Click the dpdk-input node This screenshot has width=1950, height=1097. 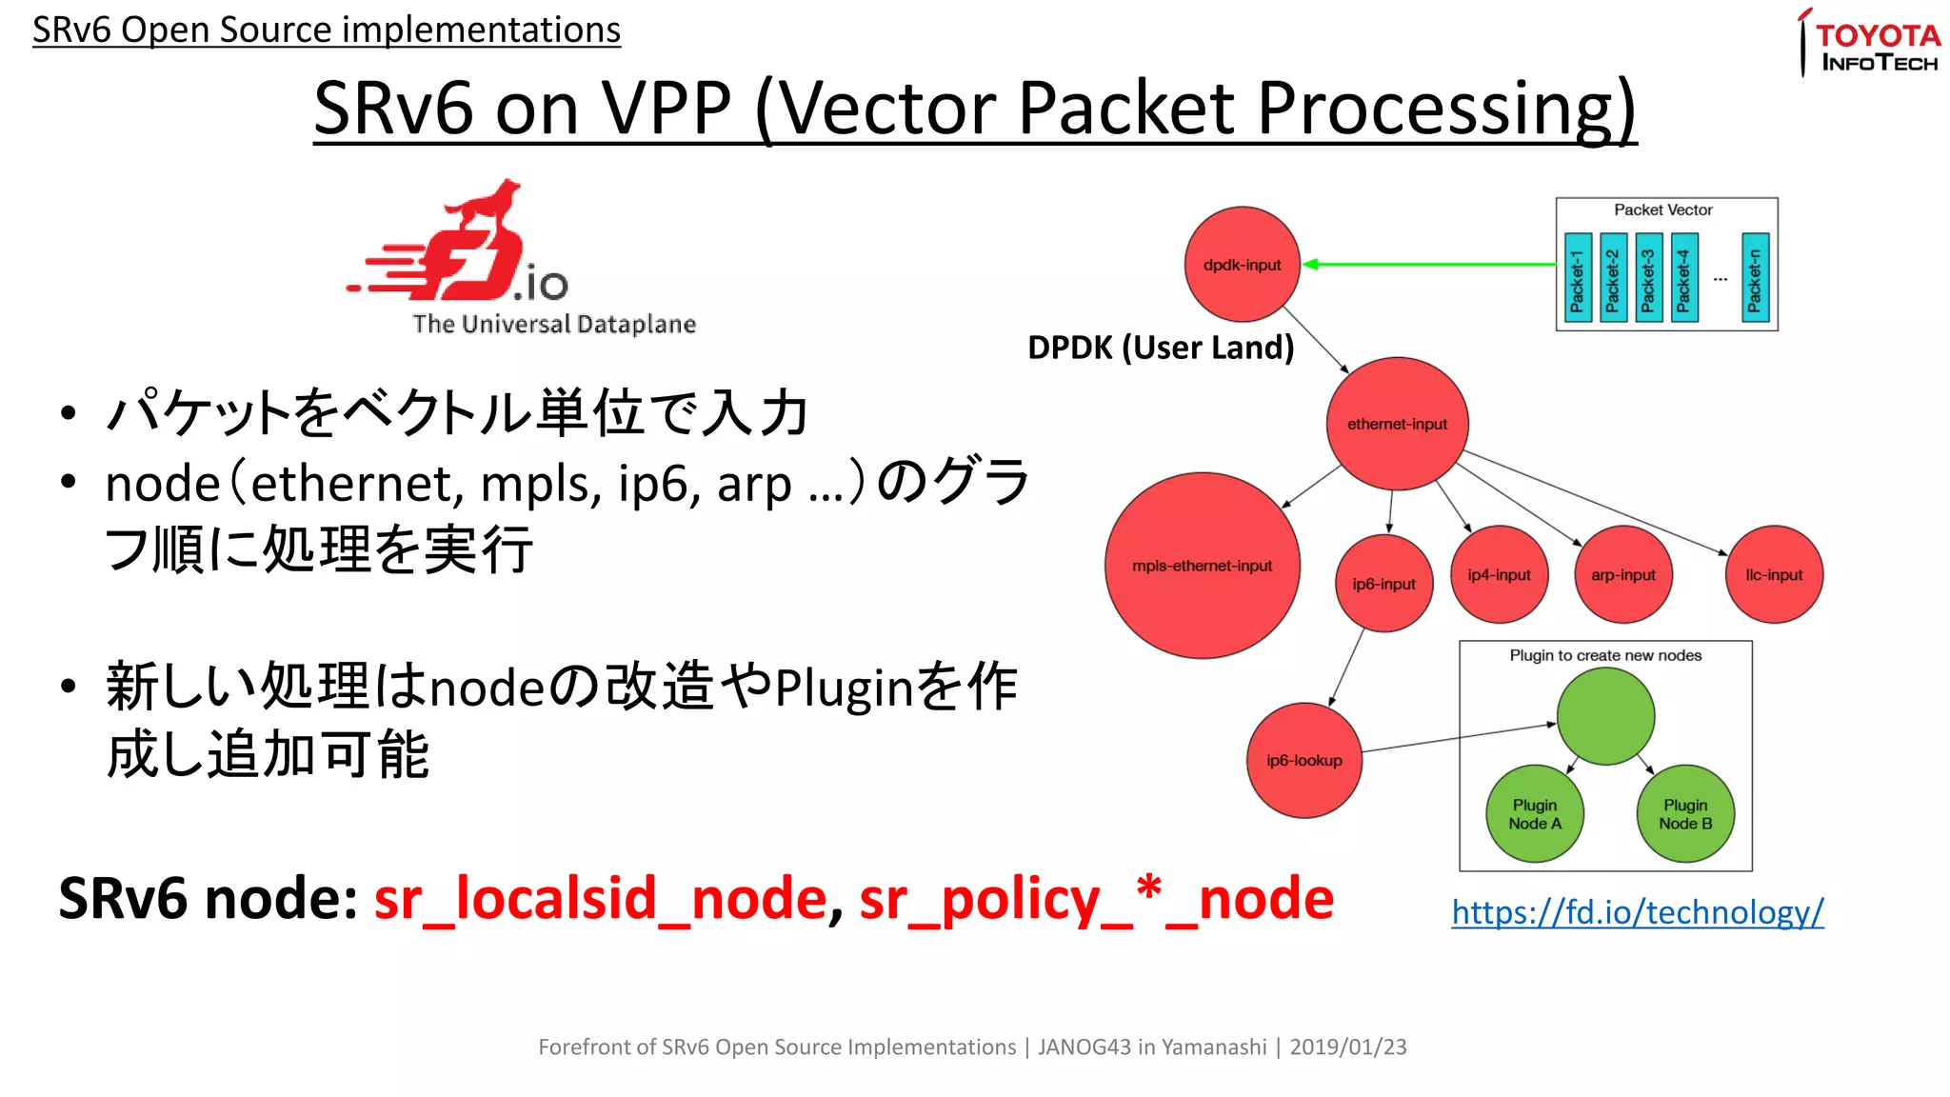pos(1242,264)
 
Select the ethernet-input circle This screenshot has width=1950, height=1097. pos(1397,424)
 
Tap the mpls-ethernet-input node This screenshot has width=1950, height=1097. pos(1202,566)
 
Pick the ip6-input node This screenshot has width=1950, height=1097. pos(1383,583)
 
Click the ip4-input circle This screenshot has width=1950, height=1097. pos(1499,574)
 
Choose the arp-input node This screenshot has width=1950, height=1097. pos(1622,574)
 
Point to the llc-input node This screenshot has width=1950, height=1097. pos(1773,574)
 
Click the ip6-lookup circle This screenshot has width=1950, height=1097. pos(1303,760)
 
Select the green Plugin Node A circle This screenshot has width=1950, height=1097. pos(1534,814)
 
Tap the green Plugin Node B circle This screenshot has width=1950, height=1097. pos(1684,814)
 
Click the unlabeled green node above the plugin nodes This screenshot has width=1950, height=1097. pos(1605,716)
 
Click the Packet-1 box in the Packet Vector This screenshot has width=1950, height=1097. pos(1577,278)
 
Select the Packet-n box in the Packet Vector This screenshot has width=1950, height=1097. pos(1754,278)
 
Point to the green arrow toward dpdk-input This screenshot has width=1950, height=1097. pos(1428,264)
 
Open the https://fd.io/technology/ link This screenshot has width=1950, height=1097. pos(1637,912)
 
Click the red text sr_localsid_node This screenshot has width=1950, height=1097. pos(600,899)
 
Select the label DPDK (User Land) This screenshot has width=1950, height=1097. pos(1160,348)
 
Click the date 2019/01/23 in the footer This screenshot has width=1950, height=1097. pos(1347,1047)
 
